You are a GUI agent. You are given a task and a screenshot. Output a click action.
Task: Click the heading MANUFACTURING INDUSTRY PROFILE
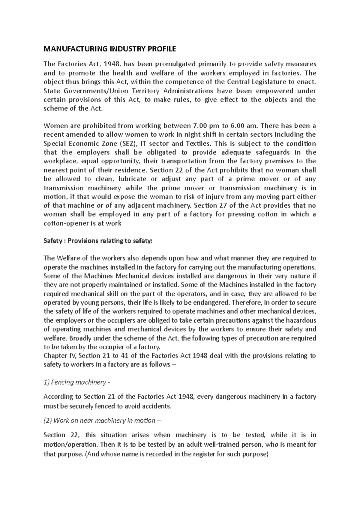[110, 49]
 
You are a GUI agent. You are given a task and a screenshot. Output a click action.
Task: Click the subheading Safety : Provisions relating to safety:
[98, 241]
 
